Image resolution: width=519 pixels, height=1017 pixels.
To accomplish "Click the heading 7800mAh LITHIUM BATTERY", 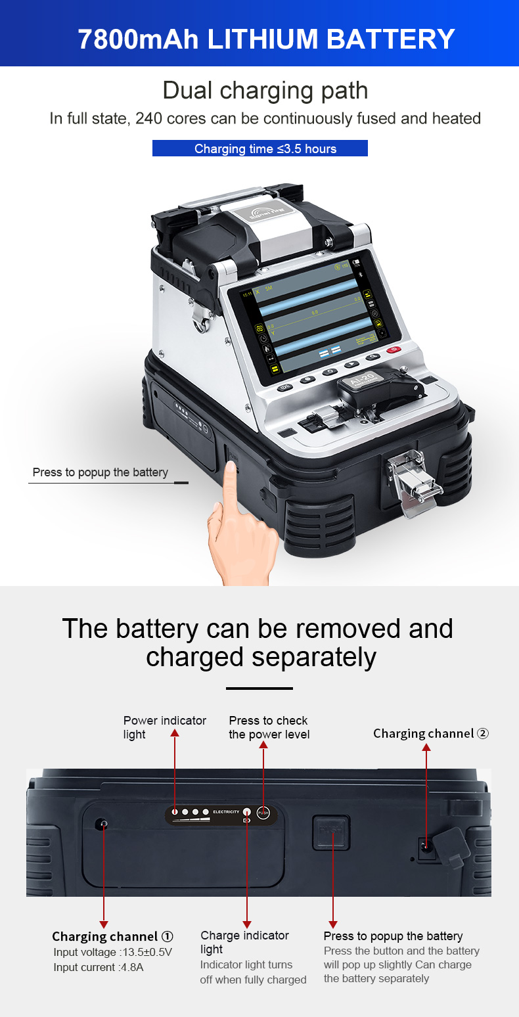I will point(266,39).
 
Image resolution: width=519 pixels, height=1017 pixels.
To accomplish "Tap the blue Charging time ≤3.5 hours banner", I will point(260,148).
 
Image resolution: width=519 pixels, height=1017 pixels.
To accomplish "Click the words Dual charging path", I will point(265,90).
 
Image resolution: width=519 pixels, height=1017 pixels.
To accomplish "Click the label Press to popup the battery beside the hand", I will point(100,472).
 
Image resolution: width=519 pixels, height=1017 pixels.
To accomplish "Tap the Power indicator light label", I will point(164,727).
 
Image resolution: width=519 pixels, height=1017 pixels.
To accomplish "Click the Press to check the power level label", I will point(269,727).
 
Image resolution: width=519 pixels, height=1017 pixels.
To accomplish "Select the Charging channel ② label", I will point(430,733).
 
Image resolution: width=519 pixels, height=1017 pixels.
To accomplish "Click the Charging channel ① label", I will point(112,936).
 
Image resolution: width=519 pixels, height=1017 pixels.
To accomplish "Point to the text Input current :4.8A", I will point(98,967).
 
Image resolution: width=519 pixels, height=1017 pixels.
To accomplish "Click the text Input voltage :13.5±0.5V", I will point(112,952).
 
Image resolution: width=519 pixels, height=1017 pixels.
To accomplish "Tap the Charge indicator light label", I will point(244,942).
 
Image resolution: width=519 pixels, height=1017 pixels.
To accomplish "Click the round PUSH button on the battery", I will point(263,813).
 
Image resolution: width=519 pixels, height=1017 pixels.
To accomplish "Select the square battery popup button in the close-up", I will point(331,833).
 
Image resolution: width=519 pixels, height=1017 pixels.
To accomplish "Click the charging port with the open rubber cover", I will point(428,847).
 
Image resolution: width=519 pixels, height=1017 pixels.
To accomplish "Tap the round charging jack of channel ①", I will point(102,824).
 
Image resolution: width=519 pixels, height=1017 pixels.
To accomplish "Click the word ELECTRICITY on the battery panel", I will point(226,813).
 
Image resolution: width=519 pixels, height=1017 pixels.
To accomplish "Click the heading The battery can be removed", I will point(258,629).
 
